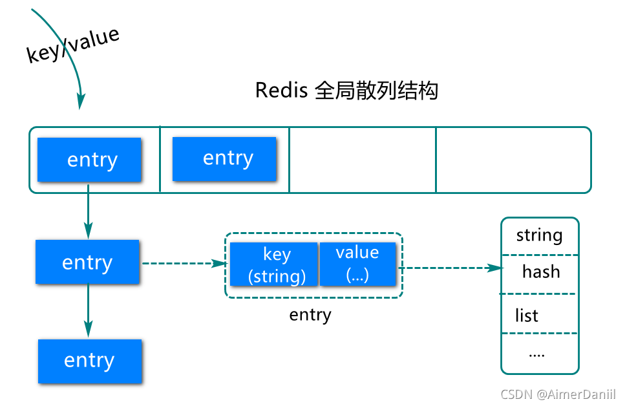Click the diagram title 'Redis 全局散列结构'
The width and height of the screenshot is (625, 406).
[346, 90]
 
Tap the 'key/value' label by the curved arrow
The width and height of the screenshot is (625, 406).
[73, 45]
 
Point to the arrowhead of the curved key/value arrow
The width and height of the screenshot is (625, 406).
[81, 101]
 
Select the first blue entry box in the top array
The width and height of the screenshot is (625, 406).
[89, 160]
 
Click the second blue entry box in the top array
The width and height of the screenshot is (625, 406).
[224, 158]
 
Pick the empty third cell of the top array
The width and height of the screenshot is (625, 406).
[362, 160]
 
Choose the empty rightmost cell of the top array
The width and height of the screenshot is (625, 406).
[513, 160]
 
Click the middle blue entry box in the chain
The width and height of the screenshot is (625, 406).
[87, 262]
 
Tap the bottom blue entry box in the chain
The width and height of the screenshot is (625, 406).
[90, 360]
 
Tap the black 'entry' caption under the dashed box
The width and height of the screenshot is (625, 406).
[310, 315]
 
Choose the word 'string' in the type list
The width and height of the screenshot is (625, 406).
[540, 235]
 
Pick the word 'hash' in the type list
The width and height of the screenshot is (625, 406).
[541, 272]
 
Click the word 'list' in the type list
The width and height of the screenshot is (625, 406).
[527, 316]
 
